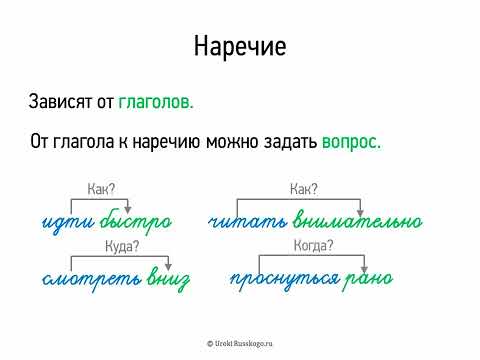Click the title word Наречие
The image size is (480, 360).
239,47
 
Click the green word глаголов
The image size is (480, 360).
156,101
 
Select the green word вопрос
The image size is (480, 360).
351,142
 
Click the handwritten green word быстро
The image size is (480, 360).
136,220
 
